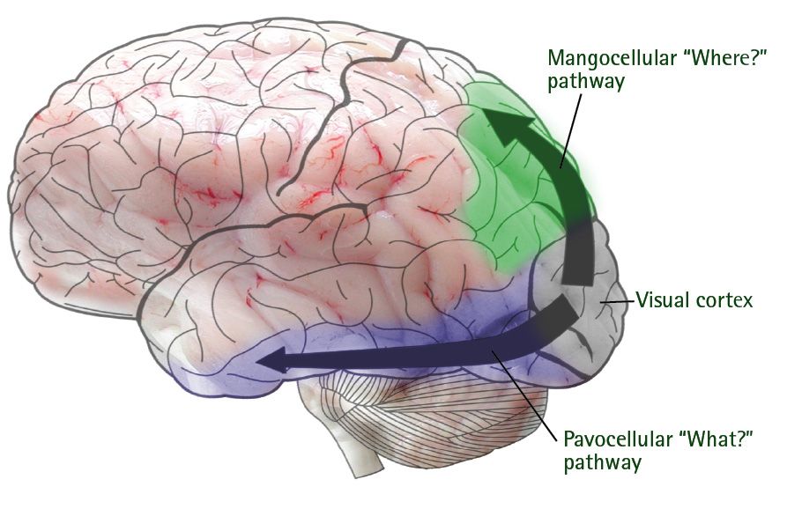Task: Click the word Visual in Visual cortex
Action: click(x=663, y=301)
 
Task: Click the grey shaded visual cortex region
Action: click(x=599, y=335)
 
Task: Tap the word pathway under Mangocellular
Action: click(x=581, y=83)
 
